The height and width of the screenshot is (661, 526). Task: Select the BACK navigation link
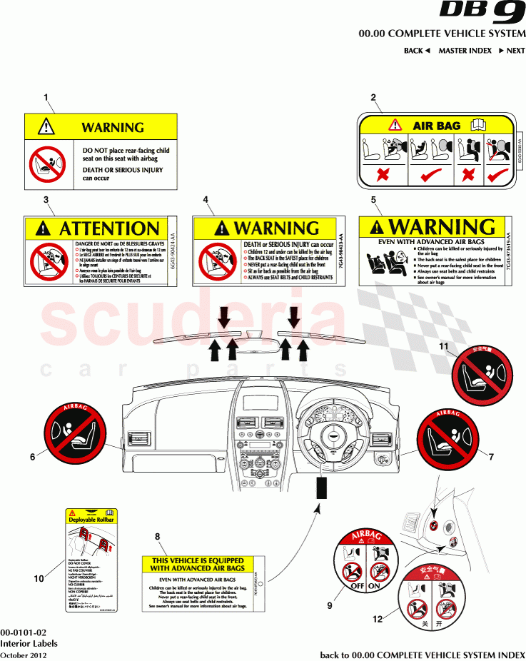pyautogui.click(x=417, y=51)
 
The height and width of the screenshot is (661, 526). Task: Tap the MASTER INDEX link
pyautogui.click(x=465, y=51)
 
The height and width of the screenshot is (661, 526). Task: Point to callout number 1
pyautogui.click(x=46, y=97)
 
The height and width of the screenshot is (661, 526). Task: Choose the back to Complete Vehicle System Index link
pyautogui.click(x=423, y=655)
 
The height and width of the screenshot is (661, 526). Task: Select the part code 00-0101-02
pyautogui.click(x=24, y=632)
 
